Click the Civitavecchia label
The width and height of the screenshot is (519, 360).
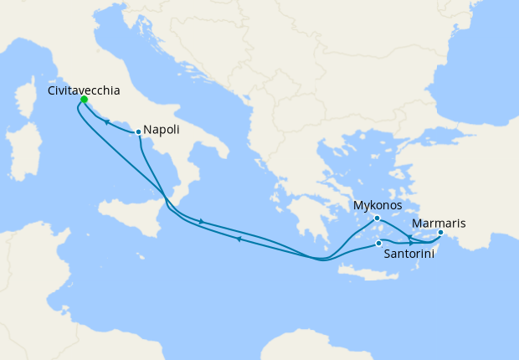point(84,90)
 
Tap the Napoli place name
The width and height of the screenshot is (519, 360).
point(162,130)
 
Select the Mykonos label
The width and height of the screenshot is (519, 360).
point(378,205)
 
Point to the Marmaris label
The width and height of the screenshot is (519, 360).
point(439,224)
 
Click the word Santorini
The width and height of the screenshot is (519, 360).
point(408,254)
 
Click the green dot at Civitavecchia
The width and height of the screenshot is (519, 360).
point(84,100)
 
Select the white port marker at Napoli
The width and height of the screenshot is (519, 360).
point(138,131)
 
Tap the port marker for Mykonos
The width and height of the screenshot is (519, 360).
point(377,218)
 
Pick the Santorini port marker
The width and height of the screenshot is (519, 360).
point(379,243)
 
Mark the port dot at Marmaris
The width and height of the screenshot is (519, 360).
point(440,232)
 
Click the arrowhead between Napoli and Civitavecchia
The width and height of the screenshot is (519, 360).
point(107,122)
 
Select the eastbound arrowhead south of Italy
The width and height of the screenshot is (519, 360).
point(201,221)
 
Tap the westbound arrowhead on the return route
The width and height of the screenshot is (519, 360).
point(239,239)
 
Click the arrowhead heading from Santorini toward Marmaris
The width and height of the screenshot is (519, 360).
point(410,244)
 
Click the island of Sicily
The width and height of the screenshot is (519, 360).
point(134,209)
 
